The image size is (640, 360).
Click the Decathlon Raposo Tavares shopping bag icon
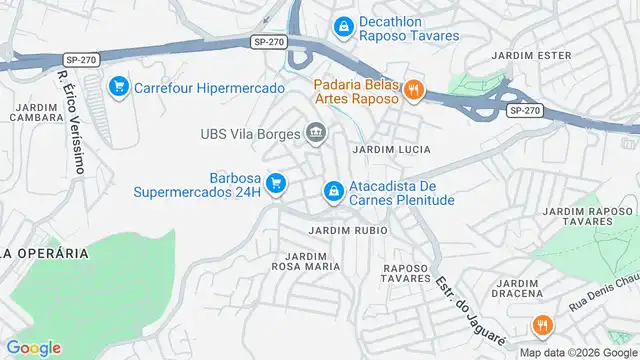(343, 25)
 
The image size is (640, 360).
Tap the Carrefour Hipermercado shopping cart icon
(118, 86)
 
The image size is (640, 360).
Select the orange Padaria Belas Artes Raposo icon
(414, 91)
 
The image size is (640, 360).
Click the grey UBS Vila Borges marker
(317, 132)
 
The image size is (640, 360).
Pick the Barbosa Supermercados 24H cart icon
(277, 182)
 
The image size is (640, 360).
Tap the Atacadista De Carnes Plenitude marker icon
(333, 189)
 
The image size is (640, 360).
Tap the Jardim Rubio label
(348, 230)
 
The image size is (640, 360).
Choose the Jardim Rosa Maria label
(299, 261)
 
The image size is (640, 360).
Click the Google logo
(33, 348)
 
